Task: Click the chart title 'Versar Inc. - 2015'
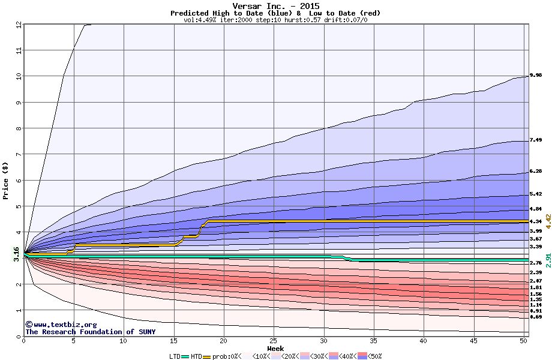tap(275, 6)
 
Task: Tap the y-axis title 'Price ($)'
tap(5, 180)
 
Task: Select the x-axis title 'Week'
tap(275, 348)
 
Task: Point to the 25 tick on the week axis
tap(274, 341)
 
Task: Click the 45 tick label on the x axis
tap(473, 341)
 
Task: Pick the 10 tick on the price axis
tap(19, 76)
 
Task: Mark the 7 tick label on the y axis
tap(19, 154)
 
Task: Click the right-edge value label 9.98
tap(536, 75)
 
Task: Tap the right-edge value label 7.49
tap(536, 140)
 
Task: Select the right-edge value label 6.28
tap(536, 172)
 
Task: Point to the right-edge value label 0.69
tap(536, 317)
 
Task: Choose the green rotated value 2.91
tap(548, 260)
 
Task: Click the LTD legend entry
tap(176, 356)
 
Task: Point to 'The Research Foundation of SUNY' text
tap(90, 332)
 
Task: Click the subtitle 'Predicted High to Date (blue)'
tap(222, 13)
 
